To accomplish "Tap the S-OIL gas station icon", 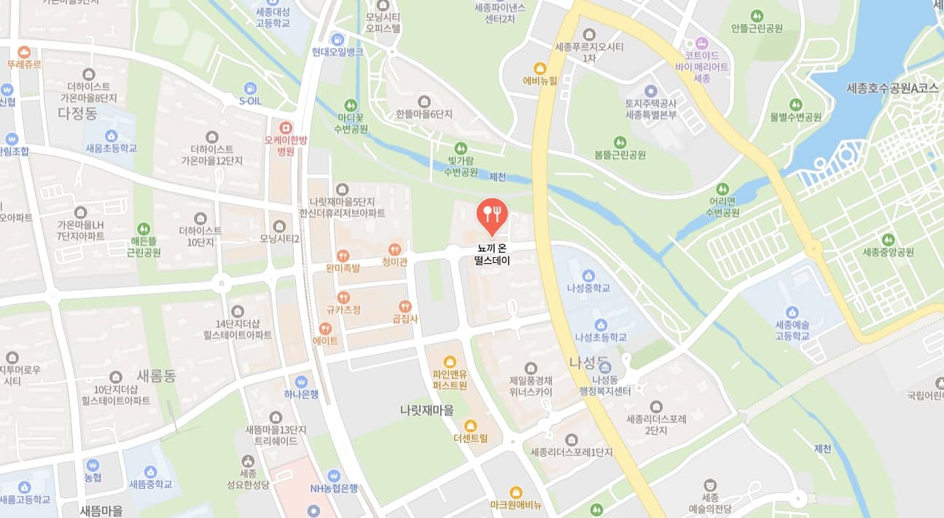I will click(250, 87).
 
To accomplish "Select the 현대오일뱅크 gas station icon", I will click(337, 39).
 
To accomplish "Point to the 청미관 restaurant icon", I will click(394, 249).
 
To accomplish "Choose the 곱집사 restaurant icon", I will click(405, 306).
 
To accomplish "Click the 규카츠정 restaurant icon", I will click(343, 297).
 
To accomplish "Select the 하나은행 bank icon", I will click(301, 382).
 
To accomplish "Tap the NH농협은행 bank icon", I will click(334, 475).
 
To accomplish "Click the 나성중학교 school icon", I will click(588, 275).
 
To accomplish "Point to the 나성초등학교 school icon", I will click(601, 325).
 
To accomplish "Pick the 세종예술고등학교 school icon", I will click(792, 311).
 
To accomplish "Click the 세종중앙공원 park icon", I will click(888, 240).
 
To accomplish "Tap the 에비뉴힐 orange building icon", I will click(540, 68).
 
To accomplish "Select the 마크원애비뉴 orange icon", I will click(515, 493).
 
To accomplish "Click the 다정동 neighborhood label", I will click(77, 113).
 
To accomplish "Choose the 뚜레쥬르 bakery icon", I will click(24, 52).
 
